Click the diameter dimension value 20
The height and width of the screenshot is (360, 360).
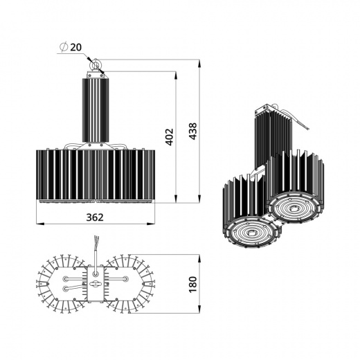pyautogui.click(x=75, y=46)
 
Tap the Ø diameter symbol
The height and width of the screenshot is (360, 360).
pyautogui.click(x=63, y=46)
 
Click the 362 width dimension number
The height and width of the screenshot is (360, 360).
pyautogui.click(x=95, y=217)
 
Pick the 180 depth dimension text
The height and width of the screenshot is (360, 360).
pyautogui.click(x=193, y=284)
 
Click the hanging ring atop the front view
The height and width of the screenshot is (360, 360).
pyautogui.click(x=96, y=66)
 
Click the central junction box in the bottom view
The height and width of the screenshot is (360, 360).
pyautogui.click(x=96, y=284)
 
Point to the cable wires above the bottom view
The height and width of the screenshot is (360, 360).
pyautogui.click(x=96, y=246)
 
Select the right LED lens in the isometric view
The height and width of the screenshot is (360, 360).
pyautogui.click(x=294, y=207)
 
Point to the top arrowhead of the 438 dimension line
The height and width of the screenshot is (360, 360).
pyautogui.click(x=200, y=62)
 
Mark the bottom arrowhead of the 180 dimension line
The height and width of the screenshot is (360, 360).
pyautogui.click(x=200, y=311)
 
